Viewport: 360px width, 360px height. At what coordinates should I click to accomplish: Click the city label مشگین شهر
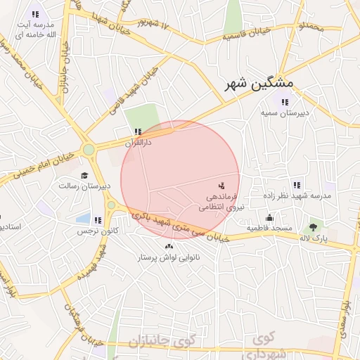259,84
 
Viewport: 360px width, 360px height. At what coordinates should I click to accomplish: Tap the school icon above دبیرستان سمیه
285,103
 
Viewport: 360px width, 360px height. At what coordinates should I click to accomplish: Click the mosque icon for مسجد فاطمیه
269,217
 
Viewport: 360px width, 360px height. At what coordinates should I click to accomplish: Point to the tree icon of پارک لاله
313,227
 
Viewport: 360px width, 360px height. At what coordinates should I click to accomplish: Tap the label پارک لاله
314,239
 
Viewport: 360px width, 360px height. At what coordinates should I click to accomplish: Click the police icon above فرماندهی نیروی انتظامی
221,186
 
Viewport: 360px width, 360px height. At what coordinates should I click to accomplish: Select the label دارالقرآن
138,142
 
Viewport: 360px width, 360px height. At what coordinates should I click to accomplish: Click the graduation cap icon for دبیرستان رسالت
84,176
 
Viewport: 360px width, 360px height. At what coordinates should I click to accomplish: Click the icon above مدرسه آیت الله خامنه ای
35,14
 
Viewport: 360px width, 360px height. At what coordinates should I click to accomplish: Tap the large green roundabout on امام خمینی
89,149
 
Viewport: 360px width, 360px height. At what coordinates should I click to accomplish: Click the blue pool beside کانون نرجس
83,219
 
